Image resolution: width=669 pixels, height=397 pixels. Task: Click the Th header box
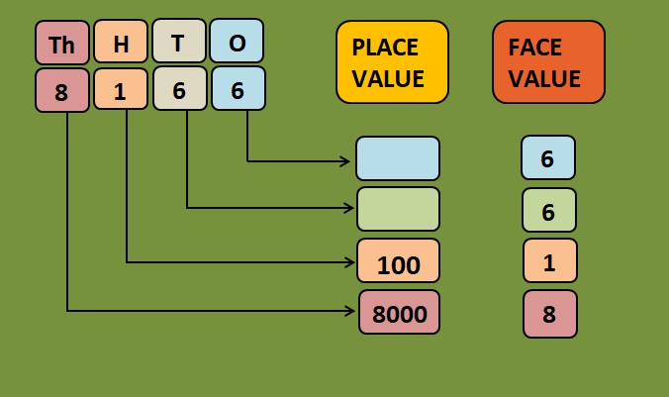61,44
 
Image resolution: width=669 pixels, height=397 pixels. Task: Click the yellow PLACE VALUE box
392,61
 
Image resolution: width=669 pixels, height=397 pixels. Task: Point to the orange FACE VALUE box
548,61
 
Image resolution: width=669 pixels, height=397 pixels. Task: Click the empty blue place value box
398,158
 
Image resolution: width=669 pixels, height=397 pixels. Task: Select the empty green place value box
398,209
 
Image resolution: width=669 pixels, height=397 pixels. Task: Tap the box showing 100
398,262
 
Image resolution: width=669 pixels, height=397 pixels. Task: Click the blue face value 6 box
548,157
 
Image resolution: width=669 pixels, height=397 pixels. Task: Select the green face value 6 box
549,209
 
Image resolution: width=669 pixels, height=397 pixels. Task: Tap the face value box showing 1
549,260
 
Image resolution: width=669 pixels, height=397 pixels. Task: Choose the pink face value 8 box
549,313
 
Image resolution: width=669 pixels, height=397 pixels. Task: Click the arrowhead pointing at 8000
350,311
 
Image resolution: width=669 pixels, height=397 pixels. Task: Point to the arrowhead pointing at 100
350,261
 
